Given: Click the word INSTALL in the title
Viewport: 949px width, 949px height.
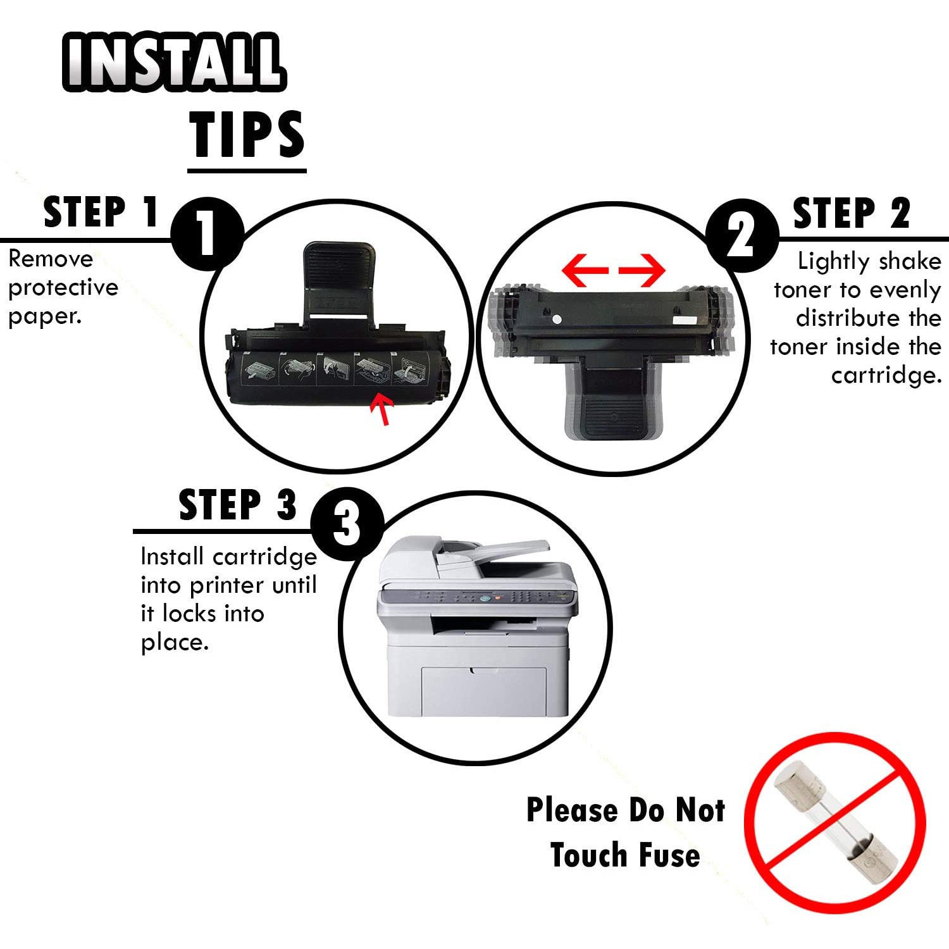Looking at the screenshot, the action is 174,61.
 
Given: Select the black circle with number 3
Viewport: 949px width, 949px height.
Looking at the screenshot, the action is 347,523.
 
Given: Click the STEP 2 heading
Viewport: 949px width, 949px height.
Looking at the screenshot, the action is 852,213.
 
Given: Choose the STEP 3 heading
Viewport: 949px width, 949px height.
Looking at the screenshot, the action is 238,505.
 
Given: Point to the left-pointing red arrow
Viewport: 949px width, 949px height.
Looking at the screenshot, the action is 585,270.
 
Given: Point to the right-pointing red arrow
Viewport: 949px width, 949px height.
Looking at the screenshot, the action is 642,270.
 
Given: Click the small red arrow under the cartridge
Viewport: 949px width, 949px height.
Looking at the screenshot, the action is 383,409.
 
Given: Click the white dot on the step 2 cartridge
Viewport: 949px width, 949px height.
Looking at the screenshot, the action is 557,318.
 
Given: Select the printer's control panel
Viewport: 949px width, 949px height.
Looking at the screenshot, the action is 477,597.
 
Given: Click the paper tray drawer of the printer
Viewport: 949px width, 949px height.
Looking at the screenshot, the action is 484,691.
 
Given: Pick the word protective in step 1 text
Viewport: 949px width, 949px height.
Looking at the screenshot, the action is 63,288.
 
